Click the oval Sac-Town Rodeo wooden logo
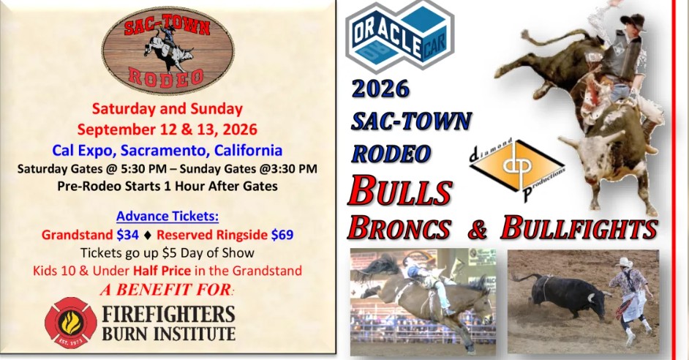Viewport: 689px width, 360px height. pyautogui.click(x=167, y=50)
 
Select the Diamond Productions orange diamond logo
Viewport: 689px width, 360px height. pyautogui.click(x=517, y=169)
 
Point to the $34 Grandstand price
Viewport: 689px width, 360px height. pyautogui.click(x=128, y=235)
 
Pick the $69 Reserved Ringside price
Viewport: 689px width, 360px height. pyautogui.click(x=282, y=235)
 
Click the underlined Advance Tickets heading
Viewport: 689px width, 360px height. pyautogui.click(x=167, y=217)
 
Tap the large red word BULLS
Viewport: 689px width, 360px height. pyautogui.click(x=400, y=191)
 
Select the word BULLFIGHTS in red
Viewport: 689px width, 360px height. pyautogui.click(x=579, y=228)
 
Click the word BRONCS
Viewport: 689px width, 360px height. pyautogui.click(x=399, y=228)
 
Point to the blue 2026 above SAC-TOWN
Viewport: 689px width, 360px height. pyautogui.click(x=380, y=89)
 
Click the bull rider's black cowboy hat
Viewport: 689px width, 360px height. pyautogui.click(x=632, y=21)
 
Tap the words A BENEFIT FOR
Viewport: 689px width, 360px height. pyautogui.click(x=167, y=290)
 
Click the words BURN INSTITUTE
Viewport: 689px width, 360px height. pyautogui.click(x=169, y=333)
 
